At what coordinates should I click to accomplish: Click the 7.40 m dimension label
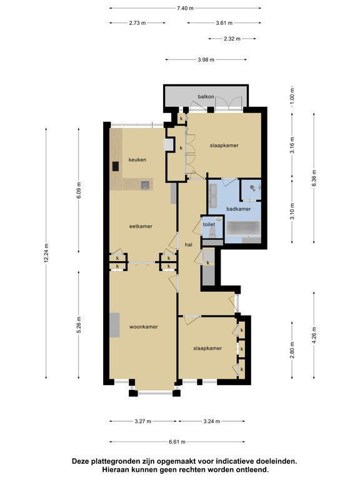pyautogui.click(x=185, y=8)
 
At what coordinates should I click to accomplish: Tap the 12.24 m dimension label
pyautogui.click(x=46, y=253)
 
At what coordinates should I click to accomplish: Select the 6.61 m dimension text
pyautogui.click(x=177, y=442)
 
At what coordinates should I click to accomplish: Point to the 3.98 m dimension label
pyautogui.click(x=206, y=60)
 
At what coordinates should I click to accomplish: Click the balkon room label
pyautogui.click(x=206, y=97)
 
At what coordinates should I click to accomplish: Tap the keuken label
pyautogui.click(x=137, y=159)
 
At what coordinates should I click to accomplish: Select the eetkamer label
pyautogui.click(x=141, y=226)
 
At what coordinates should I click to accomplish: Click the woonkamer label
pyautogui.click(x=144, y=327)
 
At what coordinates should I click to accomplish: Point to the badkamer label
pyautogui.click(x=239, y=209)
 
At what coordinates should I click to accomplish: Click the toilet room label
pyautogui.click(x=209, y=224)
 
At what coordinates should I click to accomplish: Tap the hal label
pyautogui.click(x=189, y=244)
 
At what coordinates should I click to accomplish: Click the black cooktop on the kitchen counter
pyautogui.click(x=116, y=166)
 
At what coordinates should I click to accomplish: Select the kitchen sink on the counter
pyautogui.click(x=145, y=184)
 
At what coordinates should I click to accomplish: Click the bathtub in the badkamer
pyautogui.click(x=243, y=228)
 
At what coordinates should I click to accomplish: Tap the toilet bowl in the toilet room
pyautogui.click(x=212, y=233)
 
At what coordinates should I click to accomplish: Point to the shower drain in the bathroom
pyautogui.click(x=252, y=187)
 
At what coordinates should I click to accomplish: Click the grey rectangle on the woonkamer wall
pyautogui.click(x=114, y=325)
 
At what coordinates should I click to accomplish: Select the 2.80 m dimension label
pyautogui.click(x=292, y=350)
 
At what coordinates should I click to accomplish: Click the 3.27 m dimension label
pyautogui.click(x=143, y=421)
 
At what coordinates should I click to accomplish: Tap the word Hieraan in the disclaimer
pyautogui.click(x=114, y=469)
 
